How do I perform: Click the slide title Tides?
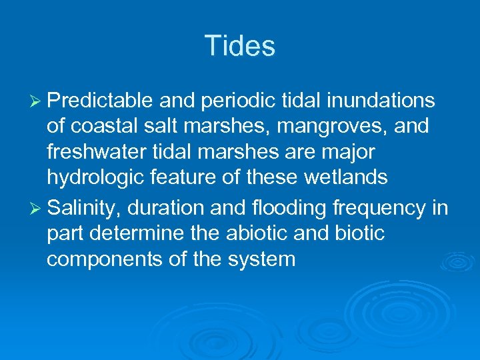(x=239, y=46)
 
